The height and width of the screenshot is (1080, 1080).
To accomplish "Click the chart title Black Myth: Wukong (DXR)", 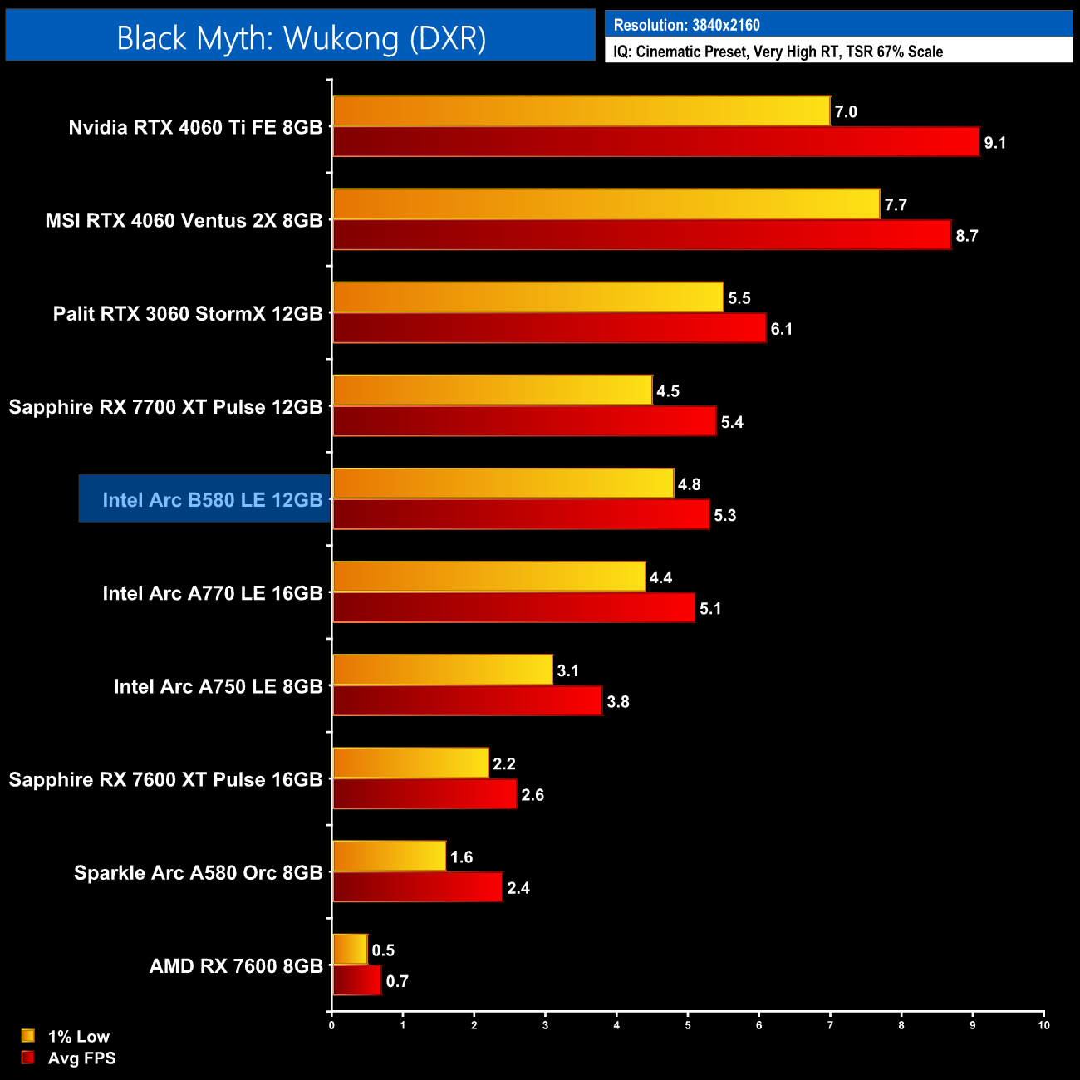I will (x=301, y=38).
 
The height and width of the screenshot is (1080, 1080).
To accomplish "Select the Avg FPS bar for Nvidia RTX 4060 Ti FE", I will (x=655, y=142).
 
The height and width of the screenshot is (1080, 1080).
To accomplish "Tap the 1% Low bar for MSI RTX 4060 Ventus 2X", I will (x=606, y=204).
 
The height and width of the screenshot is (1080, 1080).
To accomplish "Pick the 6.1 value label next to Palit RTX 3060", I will (x=781, y=329).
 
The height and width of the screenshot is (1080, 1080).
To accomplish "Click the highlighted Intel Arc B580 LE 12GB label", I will (x=212, y=500).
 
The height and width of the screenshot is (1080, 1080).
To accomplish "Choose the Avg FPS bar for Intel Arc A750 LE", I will (x=467, y=701).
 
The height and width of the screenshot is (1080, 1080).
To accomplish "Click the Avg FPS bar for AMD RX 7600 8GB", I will (x=356, y=980).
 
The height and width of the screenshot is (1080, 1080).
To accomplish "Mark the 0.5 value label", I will (x=383, y=950).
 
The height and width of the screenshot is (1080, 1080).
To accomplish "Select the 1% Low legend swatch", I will (x=28, y=1036).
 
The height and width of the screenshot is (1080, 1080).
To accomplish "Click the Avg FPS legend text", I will (x=81, y=1058).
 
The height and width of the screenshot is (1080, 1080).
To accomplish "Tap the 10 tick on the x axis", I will (x=1043, y=1025).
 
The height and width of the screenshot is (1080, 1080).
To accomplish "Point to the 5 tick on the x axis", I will (x=688, y=1025).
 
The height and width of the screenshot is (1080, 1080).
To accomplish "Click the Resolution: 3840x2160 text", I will (x=686, y=25).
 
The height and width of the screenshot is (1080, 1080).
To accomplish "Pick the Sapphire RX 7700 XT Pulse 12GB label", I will (x=165, y=407).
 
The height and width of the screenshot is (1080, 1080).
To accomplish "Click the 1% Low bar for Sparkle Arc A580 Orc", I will (x=389, y=857).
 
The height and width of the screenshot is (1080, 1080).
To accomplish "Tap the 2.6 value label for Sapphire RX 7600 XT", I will (x=533, y=795).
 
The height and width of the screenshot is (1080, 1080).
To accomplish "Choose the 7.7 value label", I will (x=896, y=204).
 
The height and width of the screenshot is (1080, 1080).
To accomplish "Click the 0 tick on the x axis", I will (x=331, y=1025).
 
